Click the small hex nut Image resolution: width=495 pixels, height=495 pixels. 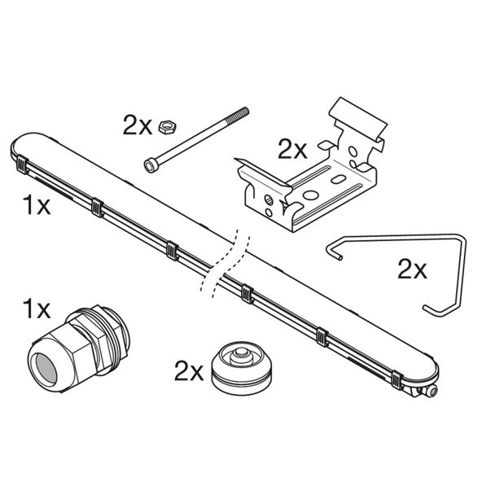pyautogui.click(x=167, y=127)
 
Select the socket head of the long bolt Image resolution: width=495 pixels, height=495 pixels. pyautogui.click(x=151, y=166)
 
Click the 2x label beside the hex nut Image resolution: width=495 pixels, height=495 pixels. pyautogui.click(x=138, y=125)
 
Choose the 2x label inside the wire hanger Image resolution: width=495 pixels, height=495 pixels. pyautogui.click(x=412, y=269)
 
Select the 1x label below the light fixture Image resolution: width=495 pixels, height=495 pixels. pyautogui.click(x=37, y=205)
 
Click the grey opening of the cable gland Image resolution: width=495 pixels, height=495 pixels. pyautogui.click(x=46, y=369)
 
